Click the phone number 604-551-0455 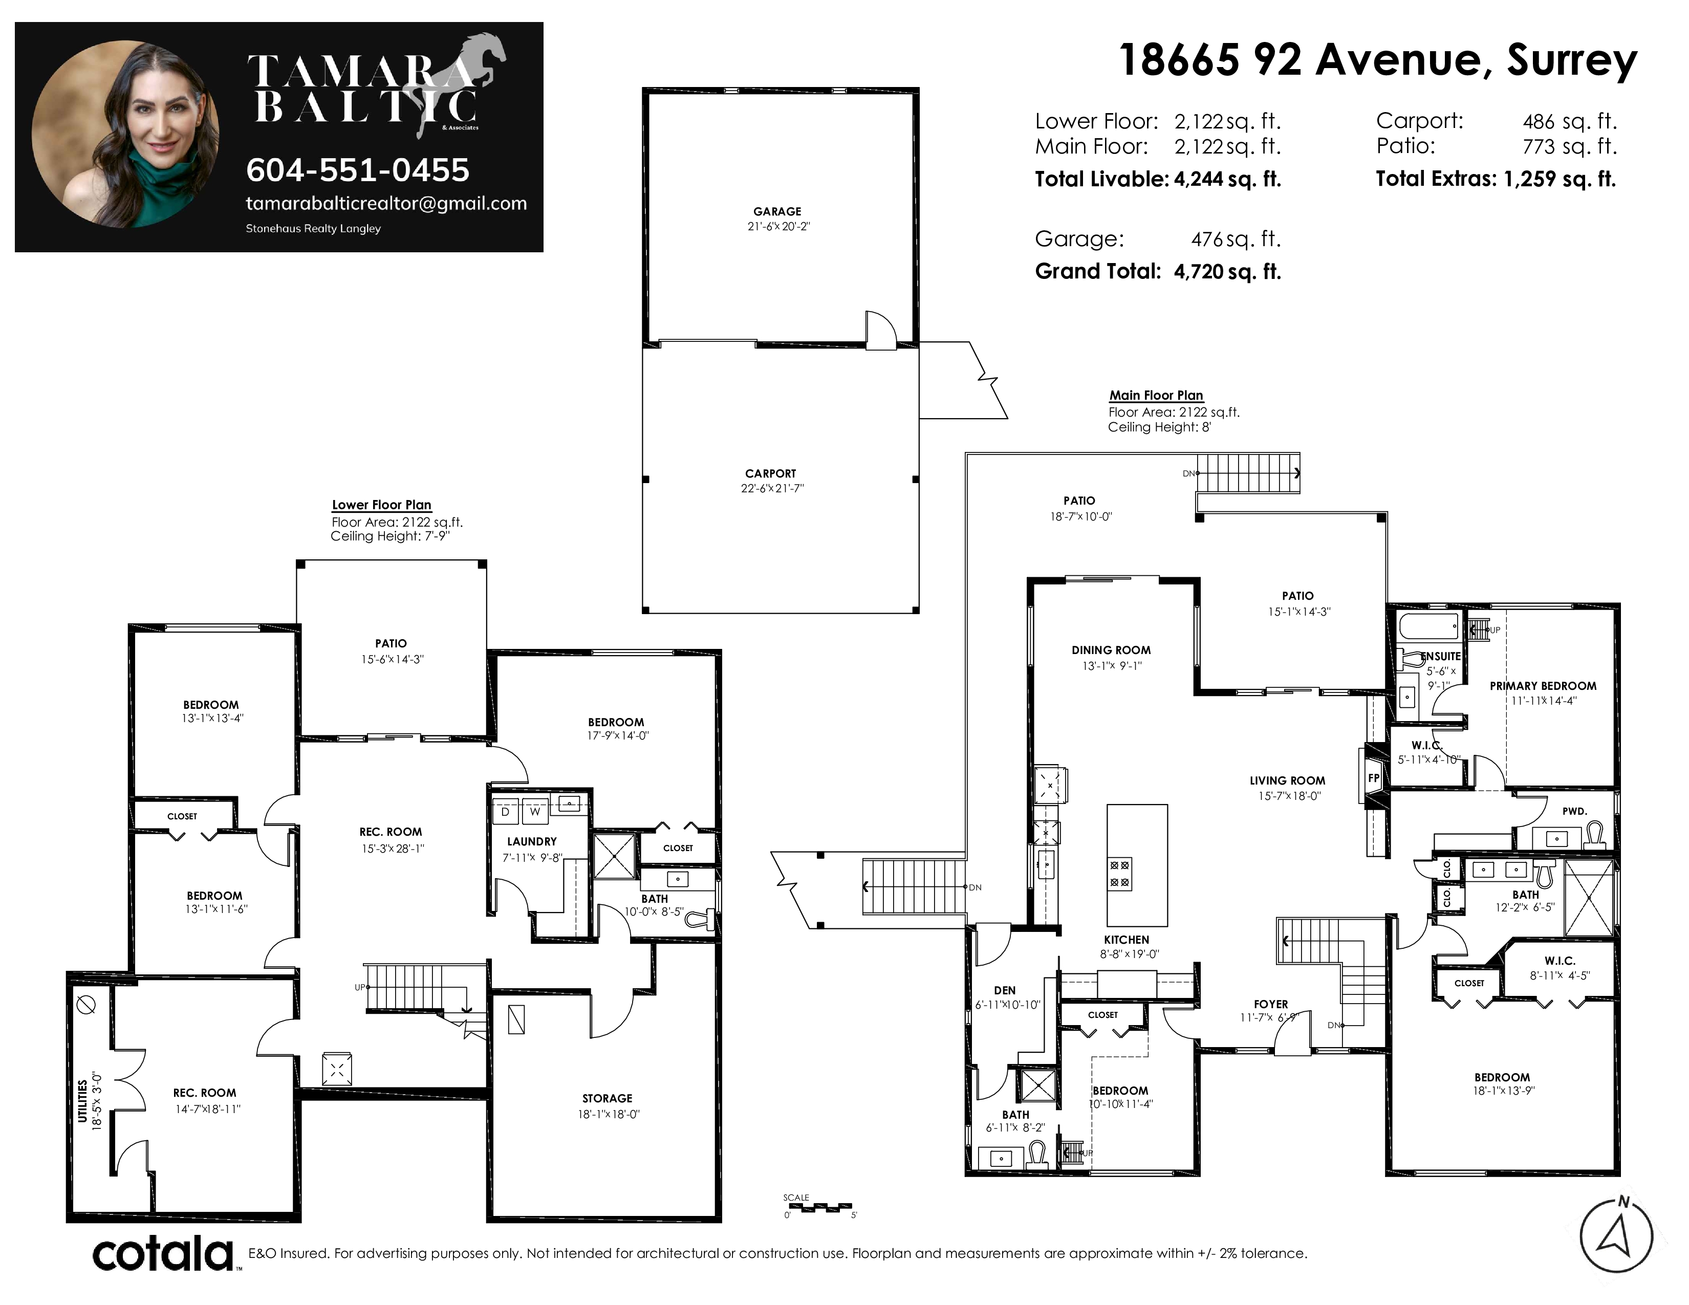click(x=357, y=170)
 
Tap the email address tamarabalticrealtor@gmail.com click(x=386, y=203)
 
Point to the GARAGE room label click(x=777, y=211)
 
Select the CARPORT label click(x=770, y=473)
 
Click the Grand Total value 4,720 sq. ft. click(x=1227, y=271)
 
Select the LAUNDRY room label click(x=532, y=841)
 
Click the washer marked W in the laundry click(x=534, y=812)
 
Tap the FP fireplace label click(x=1374, y=778)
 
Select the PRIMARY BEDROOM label click(x=1543, y=686)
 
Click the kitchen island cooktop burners click(x=1119, y=874)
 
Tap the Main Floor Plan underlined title click(x=1156, y=395)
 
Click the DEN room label click(x=1005, y=990)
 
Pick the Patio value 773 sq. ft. click(x=1570, y=146)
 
